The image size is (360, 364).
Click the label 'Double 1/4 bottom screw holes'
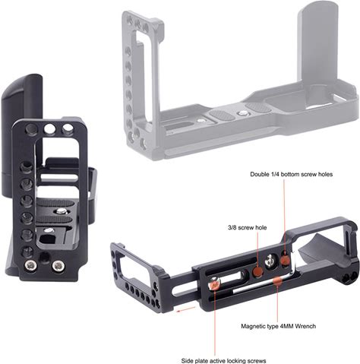pyautogui.click(x=292, y=174)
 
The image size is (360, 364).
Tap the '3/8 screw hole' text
pyautogui.click(x=247, y=228)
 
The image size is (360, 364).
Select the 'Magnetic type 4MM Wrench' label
pyautogui.click(x=278, y=326)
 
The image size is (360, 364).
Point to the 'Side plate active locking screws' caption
pyautogui.click(x=223, y=360)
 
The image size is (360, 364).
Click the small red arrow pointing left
pyautogui.click(x=186, y=309)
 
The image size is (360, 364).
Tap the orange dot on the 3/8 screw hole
pyautogui.click(x=257, y=272)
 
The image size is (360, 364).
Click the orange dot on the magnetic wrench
pyautogui.click(x=278, y=280)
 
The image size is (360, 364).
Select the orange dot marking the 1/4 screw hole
pyautogui.click(x=286, y=259)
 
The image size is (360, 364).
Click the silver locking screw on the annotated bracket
pyautogui.click(x=214, y=283)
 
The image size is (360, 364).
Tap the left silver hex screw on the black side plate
pyautogui.click(x=30, y=265)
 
